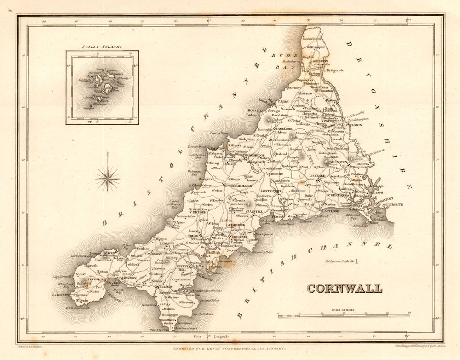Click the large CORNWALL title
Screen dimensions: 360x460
[345, 289]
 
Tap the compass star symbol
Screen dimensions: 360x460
[108, 178]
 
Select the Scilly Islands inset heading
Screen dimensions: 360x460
[102, 47]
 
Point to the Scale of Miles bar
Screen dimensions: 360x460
[344, 316]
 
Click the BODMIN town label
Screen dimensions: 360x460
[275, 174]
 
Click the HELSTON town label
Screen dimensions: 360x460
[166, 287]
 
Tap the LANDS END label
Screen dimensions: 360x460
[60, 295]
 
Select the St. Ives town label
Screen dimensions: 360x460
[109, 253]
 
